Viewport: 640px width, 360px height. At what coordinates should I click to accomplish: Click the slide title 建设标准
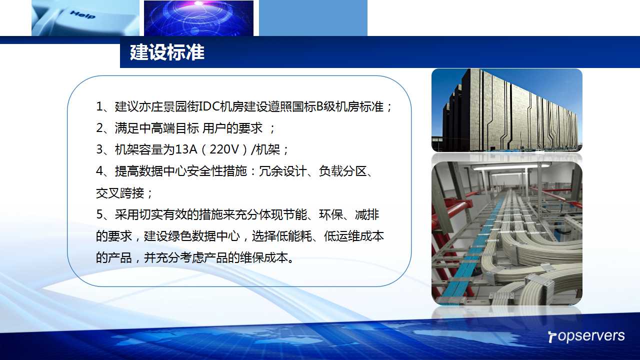(167, 52)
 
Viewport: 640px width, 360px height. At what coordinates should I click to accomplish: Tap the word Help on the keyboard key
(82, 14)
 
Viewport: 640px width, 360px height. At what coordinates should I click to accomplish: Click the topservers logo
(586, 336)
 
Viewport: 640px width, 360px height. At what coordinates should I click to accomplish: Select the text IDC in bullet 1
(209, 106)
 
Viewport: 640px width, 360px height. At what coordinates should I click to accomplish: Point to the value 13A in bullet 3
(186, 149)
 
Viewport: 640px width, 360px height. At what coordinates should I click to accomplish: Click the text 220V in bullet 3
(224, 149)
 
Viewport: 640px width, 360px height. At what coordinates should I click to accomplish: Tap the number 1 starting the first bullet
(99, 106)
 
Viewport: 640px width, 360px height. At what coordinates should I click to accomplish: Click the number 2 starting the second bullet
(99, 128)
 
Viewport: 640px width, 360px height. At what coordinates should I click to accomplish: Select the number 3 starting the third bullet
(99, 149)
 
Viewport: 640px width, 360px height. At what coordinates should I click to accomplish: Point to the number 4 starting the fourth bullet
(99, 171)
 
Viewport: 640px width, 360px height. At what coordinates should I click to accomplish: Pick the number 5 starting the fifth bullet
(99, 214)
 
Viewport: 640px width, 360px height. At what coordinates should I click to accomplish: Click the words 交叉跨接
(120, 193)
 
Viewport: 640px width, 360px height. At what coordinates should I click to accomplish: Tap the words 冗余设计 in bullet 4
(283, 171)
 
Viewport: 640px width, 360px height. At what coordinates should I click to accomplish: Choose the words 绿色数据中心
(203, 236)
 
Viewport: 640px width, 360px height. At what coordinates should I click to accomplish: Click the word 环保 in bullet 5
(331, 214)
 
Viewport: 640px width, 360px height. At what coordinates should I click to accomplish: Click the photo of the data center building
(507, 110)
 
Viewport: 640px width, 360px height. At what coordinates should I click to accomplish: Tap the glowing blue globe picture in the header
(198, 18)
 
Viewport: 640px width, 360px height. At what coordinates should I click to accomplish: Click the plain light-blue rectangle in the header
(313, 18)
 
